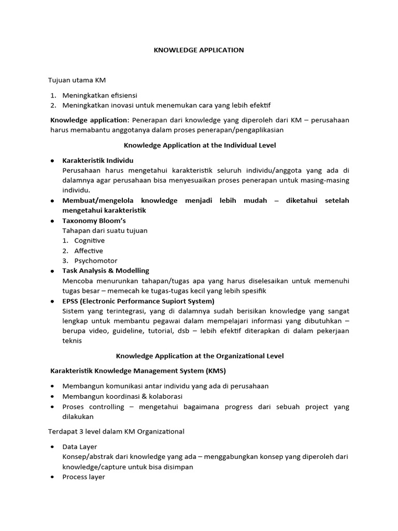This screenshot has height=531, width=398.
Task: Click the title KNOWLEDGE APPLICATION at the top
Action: (x=198, y=50)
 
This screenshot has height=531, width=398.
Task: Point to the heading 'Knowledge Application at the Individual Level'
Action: (x=199, y=145)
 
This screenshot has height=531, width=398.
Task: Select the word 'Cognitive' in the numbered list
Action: (x=89, y=241)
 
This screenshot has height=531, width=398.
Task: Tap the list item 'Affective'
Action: (x=89, y=250)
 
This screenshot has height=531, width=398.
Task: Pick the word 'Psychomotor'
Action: (x=96, y=261)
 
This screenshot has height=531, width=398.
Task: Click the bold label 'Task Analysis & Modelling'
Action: (x=106, y=271)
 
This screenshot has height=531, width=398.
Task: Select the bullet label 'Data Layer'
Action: (x=79, y=446)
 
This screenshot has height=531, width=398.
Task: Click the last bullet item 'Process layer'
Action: (x=83, y=477)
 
